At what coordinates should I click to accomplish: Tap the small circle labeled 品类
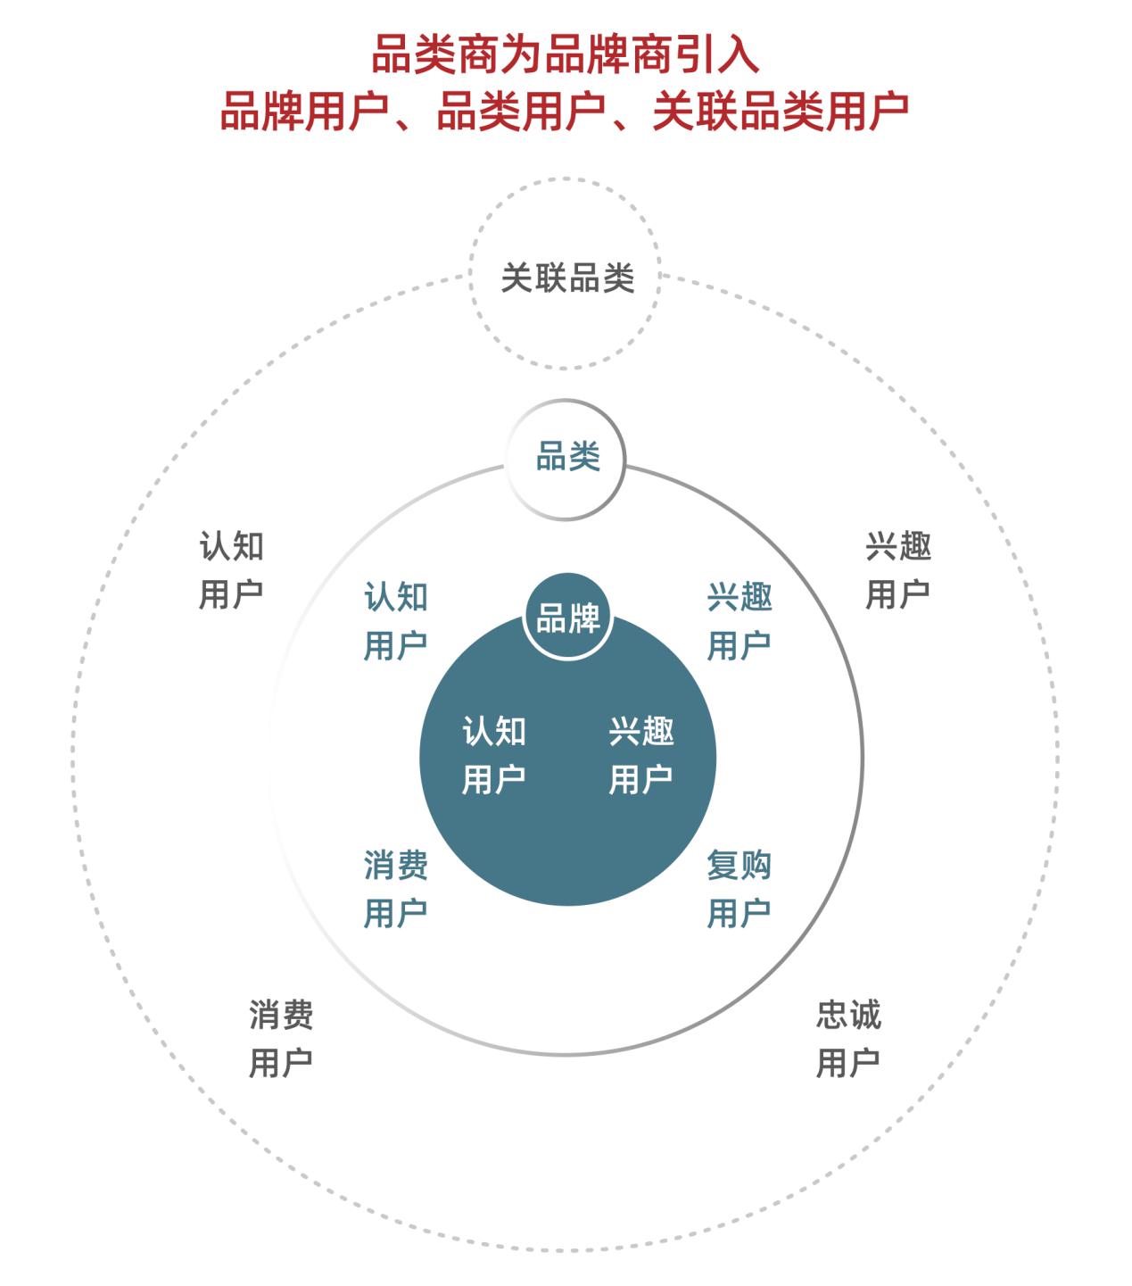566,401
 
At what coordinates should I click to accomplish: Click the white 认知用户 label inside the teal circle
493,755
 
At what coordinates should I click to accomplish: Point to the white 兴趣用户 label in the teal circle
640,755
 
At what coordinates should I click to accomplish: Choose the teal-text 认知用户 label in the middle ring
395,621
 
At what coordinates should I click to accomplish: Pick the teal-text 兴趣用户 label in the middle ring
740,621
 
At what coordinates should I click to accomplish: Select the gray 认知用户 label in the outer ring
231,570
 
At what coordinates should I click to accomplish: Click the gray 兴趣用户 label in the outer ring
898,570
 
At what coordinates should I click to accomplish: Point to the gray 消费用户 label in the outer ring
280,1039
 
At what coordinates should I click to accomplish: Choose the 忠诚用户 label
848,1039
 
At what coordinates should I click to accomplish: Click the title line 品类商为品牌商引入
566,54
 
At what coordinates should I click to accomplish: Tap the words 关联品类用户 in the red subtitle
781,111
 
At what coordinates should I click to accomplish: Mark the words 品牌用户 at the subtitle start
304,111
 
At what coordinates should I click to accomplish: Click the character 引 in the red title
695,54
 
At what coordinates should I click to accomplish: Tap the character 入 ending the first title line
739,54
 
